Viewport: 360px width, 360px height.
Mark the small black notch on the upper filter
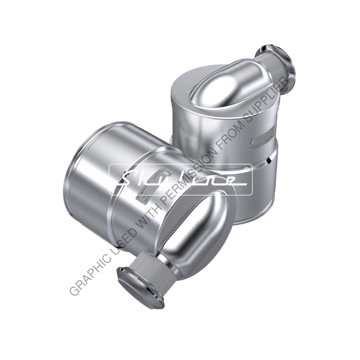(269, 161)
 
